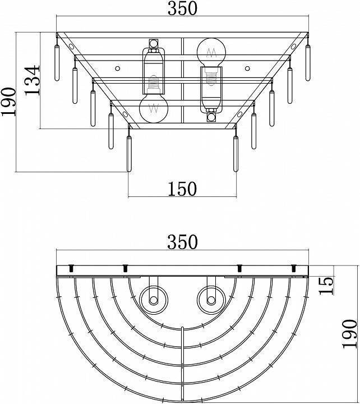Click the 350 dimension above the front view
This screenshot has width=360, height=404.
coord(182,8)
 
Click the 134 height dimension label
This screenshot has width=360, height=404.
coord(33,80)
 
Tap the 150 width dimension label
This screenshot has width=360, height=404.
coord(182,189)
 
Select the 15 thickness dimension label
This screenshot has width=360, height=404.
coord(326,286)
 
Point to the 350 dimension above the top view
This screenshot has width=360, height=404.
coord(182,242)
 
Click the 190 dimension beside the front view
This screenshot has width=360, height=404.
coord(9,102)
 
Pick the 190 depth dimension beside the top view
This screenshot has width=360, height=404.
coord(349,334)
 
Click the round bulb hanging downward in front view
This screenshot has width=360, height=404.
coord(154,108)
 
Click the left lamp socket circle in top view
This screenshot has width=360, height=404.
coord(154,300)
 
